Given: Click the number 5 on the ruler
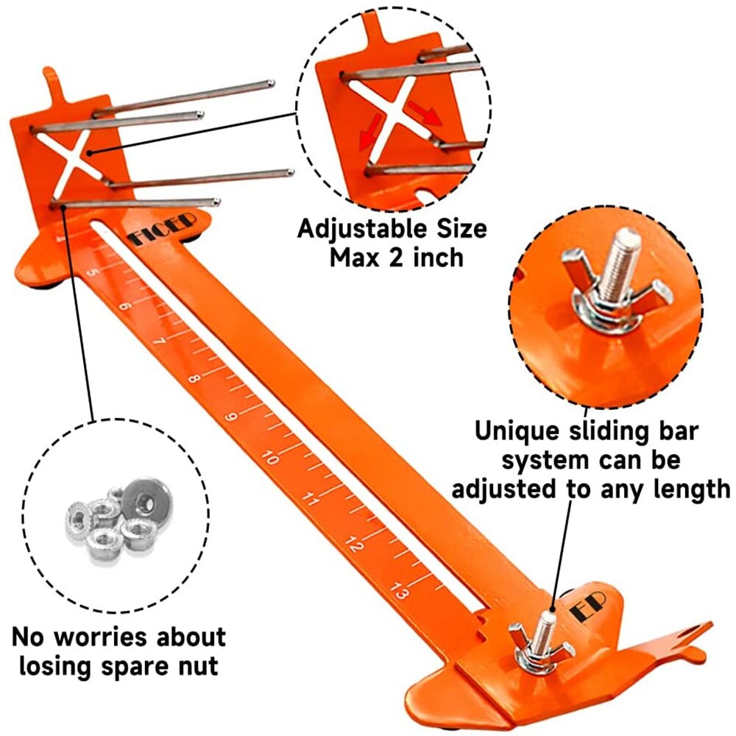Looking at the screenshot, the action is [x=94, y=272].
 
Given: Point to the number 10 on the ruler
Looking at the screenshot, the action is [x=270, y=457].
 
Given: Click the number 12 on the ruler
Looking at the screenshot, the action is [x=354, y=544].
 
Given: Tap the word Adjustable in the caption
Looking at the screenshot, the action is [x=362, y=230].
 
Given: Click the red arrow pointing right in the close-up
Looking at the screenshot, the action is [x=425, y=114].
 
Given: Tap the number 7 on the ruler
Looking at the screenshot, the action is [x=160, y=340].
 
